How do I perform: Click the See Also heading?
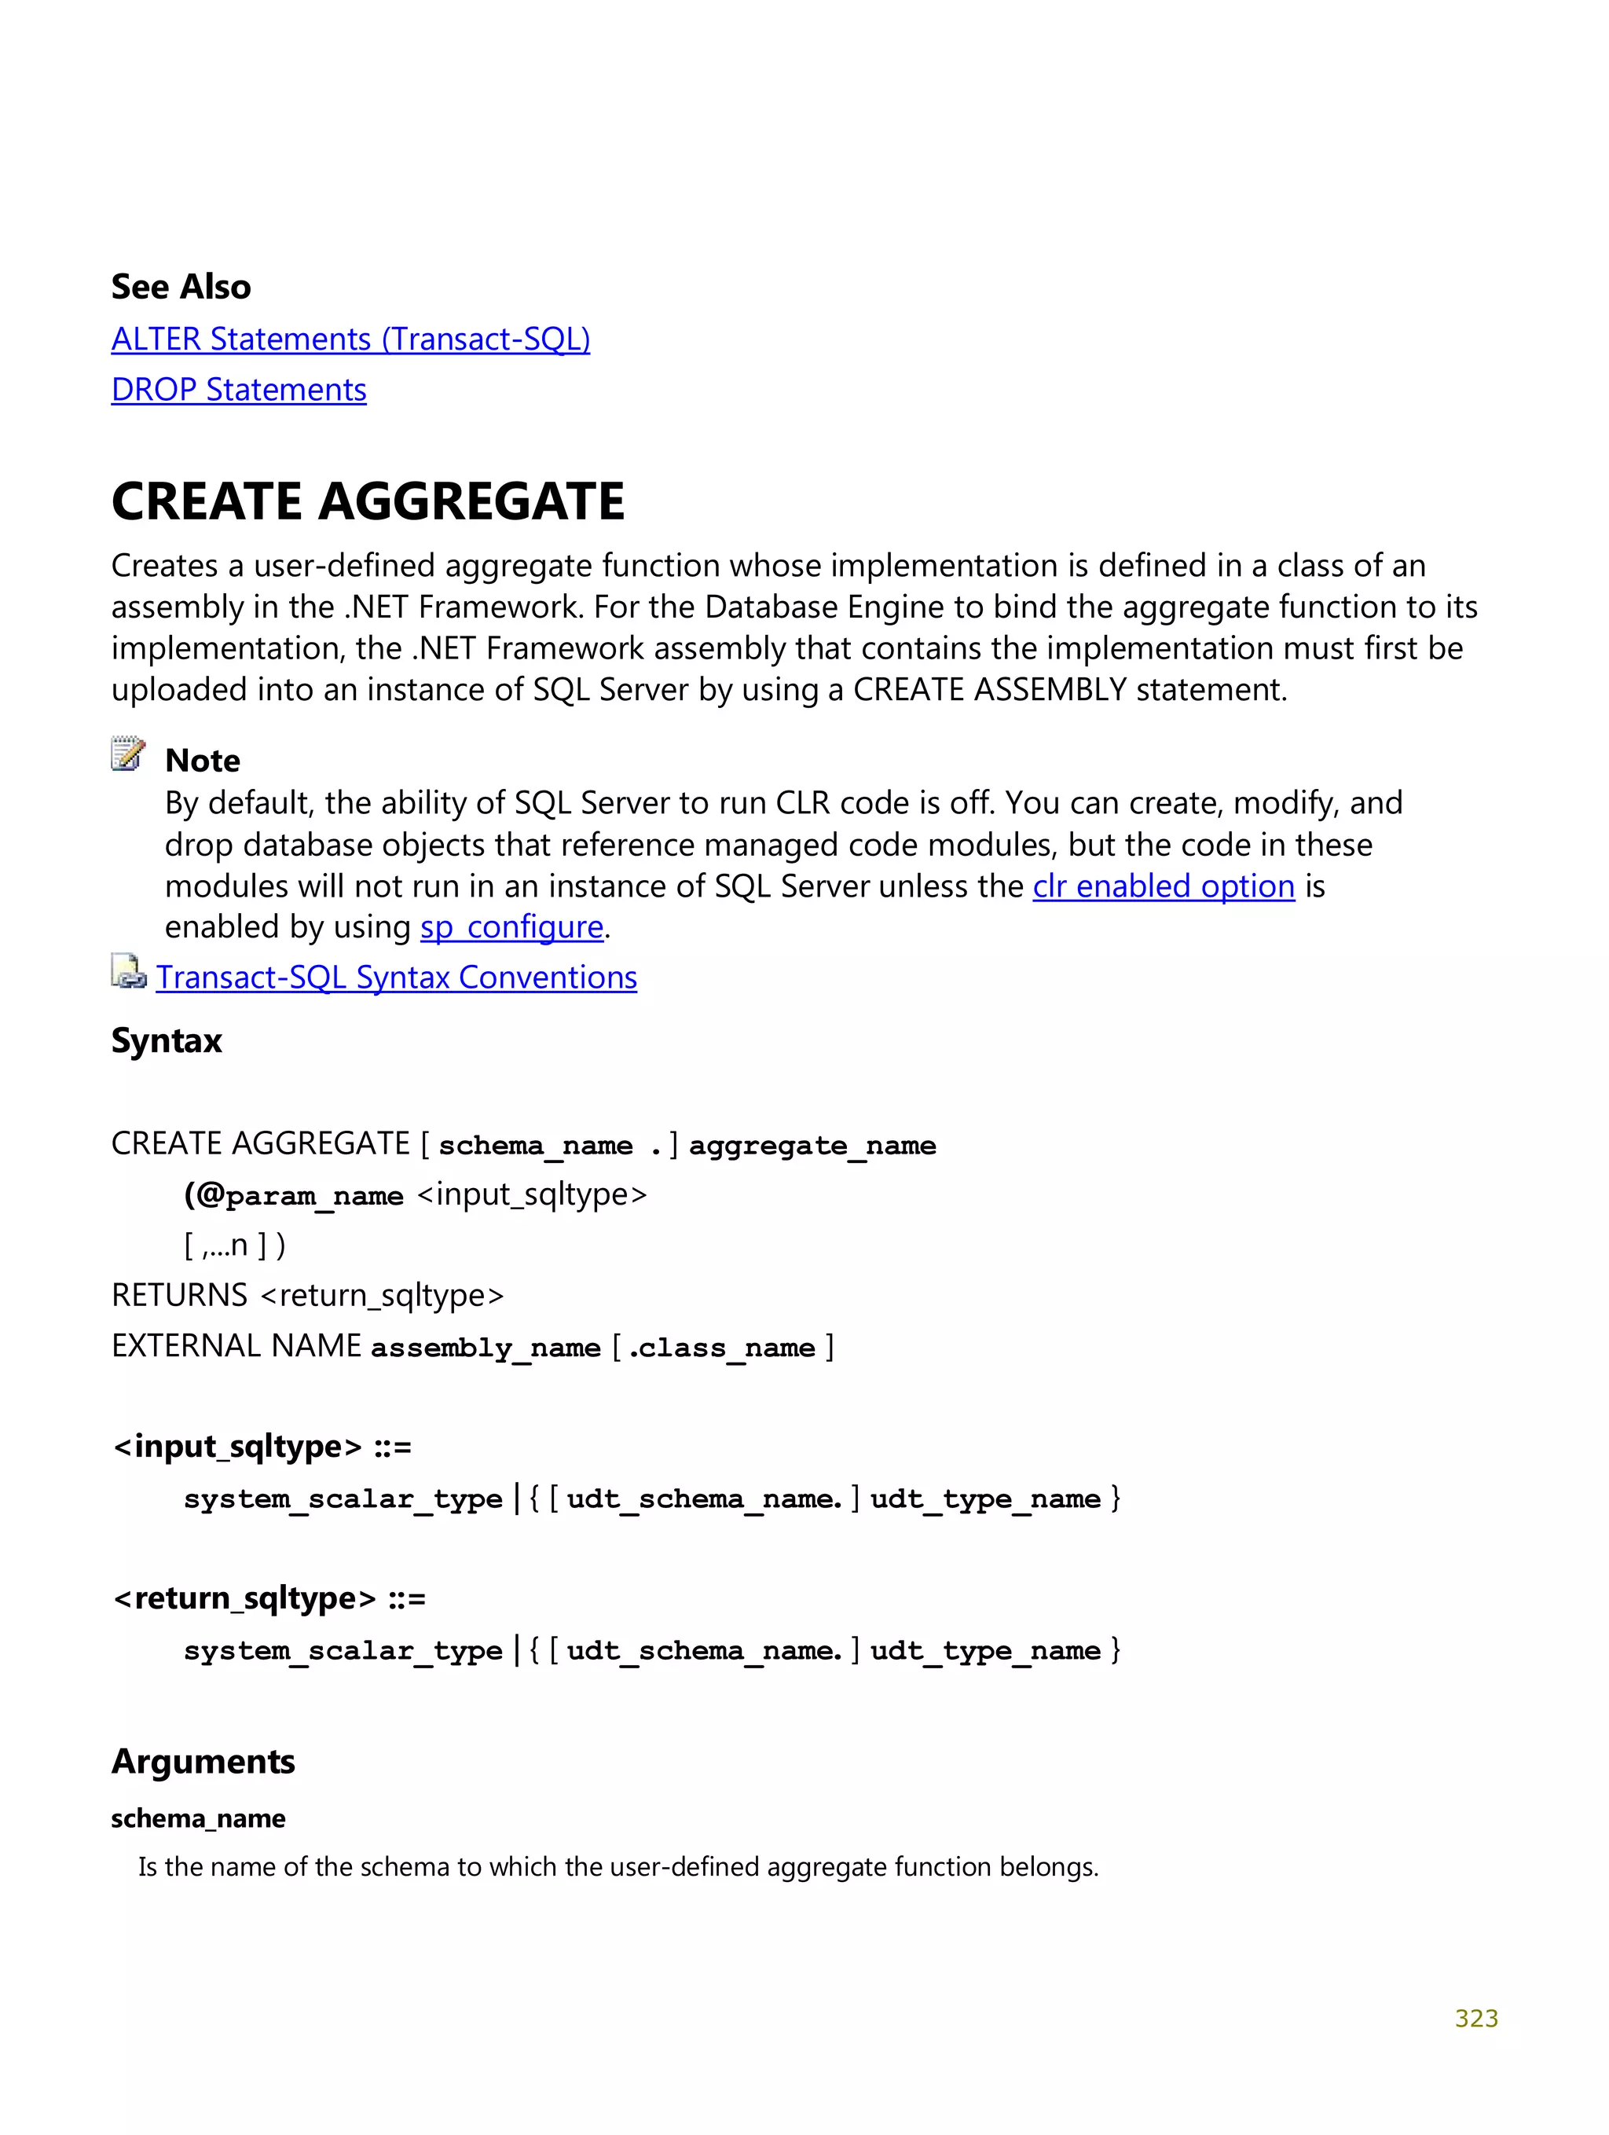point(181,287)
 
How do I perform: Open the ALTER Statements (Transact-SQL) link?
point(350,339)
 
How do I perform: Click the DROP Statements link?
point(238,390)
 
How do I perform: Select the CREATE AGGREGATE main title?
point(368,502)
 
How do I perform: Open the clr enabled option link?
point(1163,886)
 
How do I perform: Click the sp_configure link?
point(511,927)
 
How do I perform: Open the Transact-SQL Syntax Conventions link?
point(396,978)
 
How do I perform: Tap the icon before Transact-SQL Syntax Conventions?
point(127,972)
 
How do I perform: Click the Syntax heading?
point(166,1040)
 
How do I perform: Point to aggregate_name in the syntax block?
point(812,1146)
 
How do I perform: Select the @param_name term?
point(295,1196)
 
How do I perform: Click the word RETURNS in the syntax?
point(180,1295)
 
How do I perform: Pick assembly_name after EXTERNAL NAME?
point(486,1348)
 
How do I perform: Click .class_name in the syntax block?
point(721,1348)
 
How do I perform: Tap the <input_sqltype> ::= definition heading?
point(262,1447)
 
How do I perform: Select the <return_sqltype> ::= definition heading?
point(269,1598)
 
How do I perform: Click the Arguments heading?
point(203,1762)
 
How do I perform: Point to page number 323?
point(1475,2018)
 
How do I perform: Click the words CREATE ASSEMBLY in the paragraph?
point(989,690)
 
